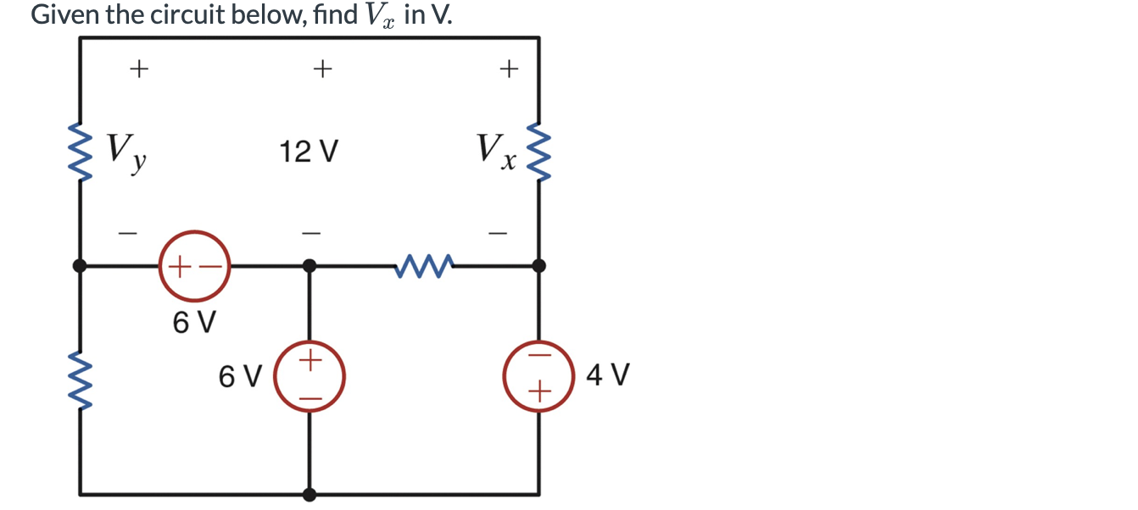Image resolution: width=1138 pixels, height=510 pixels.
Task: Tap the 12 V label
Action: pos(310,153)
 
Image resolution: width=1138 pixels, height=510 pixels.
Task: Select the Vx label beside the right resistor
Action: pos(496,152)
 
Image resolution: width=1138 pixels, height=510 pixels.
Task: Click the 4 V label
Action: pos(608,374)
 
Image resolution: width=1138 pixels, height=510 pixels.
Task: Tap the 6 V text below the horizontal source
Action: pos(194,322)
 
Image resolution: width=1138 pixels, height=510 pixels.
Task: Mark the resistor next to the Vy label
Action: pos(81,153)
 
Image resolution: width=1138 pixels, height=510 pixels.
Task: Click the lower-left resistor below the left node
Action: pos(81,380)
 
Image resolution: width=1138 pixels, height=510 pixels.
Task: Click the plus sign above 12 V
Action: pos(321,68)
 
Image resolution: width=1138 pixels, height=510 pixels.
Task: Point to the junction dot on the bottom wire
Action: pos(310,494)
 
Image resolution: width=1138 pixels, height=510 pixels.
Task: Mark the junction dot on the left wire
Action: pos(81,266)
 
